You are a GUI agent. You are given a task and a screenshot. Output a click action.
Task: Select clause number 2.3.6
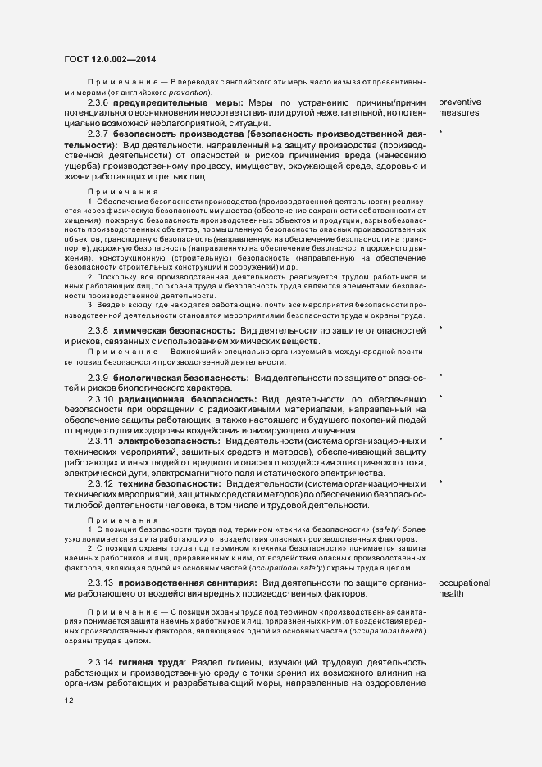pyautogui.click(x=98, y=102)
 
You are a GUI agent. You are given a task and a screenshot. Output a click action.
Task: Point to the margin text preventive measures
pyautogui.click(x=460, y=107)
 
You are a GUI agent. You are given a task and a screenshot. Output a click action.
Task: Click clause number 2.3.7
pyautogui.click(x=98, y=133)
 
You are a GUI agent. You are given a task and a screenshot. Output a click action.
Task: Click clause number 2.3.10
pyautogui.click(x=101, y=398)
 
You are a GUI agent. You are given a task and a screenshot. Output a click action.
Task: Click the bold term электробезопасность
pyautogui.click(x=168, y=441)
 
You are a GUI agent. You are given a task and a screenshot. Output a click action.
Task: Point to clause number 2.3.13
pyautogui.click(x=101, y=582)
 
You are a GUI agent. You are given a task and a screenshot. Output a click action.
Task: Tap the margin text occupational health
pyautogui.click(x=464, y=588)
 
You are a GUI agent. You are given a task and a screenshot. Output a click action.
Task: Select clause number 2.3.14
pyautogui.click(x=101, y=662)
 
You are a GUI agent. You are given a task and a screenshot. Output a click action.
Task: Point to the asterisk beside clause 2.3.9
pyautogui.click(x=441, y=377)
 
